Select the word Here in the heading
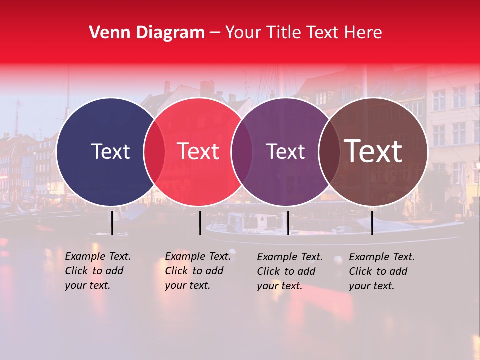(364, 33)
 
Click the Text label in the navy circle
(110, 151)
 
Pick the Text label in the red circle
(198, 151)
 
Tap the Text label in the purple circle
(285, 151)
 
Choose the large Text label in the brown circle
(373, 151)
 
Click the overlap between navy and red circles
(154, 152)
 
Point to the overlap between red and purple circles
(242, 152)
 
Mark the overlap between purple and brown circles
(329, 152)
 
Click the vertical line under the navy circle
(112, 223)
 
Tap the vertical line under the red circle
(200, 223)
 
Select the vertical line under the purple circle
(288, 223)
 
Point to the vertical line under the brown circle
(372, 223)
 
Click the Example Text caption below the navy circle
(98, 271)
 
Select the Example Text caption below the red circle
(198, 271)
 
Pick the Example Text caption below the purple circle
(290, 271)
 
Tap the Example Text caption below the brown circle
(382, 271)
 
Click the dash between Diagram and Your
(215, 33)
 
